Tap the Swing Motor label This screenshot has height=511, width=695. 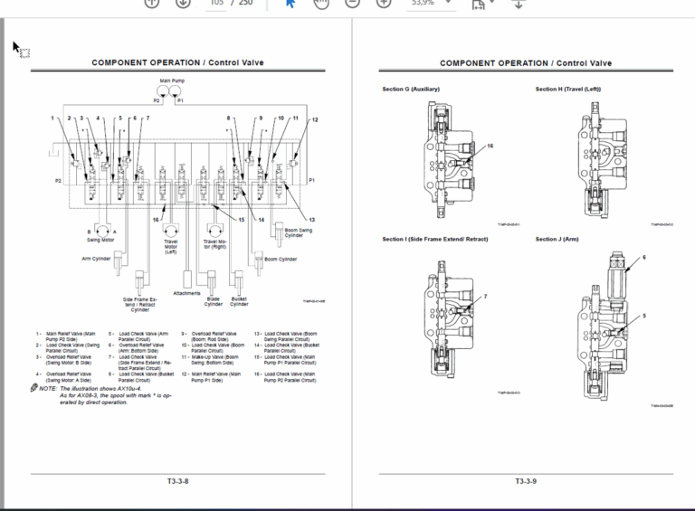click(x=100, y=240)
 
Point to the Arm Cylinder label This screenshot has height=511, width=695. click(x=95, y=258)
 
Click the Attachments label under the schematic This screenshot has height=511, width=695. click(x=186, y=293)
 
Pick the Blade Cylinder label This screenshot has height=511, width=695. click(x=214, y=301)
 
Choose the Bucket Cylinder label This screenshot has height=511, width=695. click(x=239, y=301)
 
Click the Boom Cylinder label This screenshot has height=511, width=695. click(x=281, y=259)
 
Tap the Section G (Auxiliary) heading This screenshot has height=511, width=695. click(x=410, y=90)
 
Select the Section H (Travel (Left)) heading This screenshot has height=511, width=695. click(x=568, y=90)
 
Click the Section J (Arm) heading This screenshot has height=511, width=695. click(x=557, y=240)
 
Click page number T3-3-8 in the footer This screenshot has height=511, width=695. click(x=177, y=481)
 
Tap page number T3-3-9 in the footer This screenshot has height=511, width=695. click(x=526, y=481)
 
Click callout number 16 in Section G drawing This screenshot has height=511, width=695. click(x=490, y=146)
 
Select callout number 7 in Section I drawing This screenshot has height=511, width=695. click(x=485, y=297)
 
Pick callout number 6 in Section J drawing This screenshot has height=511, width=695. click(x=644, y=258)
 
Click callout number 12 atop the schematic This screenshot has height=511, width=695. click(x=315, y=119)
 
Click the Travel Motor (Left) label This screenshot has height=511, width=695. click(x=170, y=244)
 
